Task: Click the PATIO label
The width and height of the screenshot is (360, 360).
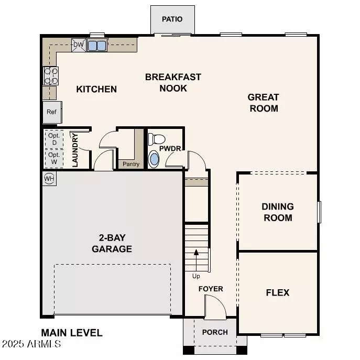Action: click(172, 19)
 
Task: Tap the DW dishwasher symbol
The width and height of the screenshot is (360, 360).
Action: click(78, 45)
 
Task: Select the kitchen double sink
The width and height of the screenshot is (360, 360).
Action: click(97, 46)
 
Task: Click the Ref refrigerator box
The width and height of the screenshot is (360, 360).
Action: click(51, 112)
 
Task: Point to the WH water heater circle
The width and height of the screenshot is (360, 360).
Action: click(49, 179)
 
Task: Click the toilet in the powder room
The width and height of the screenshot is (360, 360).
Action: click(156, 139)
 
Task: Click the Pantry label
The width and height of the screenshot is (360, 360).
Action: click(130, 165)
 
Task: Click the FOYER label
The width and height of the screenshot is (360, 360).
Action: click(211, 289)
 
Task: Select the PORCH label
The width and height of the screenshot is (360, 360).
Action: click(215, 332)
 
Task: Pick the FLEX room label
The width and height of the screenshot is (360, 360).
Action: click(278, 292)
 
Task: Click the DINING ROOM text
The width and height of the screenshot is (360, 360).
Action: click(278, 212)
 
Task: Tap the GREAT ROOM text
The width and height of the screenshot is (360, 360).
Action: click(264, 103)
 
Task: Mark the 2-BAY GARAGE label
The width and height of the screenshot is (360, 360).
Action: click(112, 244)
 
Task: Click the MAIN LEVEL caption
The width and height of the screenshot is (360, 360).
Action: click(72, 333)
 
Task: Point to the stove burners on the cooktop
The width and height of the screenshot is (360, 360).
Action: click(50, 77)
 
